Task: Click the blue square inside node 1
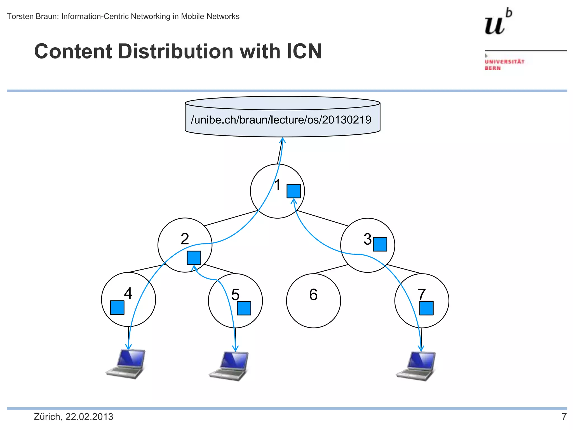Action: coord(293,191)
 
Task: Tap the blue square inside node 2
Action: coord(194,258)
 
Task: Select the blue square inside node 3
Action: coord(380,244)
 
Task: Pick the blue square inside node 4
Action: coord(117,307)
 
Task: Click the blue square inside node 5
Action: coord(244,308)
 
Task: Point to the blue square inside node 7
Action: coord(426,308)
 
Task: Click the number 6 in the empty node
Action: coord(313,295)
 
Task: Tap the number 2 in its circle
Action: coord(185,239)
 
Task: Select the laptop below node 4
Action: coord(126,364)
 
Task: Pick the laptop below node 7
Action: coord(416,366)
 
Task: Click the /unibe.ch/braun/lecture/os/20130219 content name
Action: coord(281,120)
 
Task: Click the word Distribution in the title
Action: coord(176,52)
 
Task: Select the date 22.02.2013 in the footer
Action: coord(89,417)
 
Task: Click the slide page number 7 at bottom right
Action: coord(564,417)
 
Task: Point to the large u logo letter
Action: coord(495,25)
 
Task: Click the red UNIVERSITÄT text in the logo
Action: coord(504,62)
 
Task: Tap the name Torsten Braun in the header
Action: coord(32,17)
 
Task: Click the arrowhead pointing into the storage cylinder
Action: coord(283,140)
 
